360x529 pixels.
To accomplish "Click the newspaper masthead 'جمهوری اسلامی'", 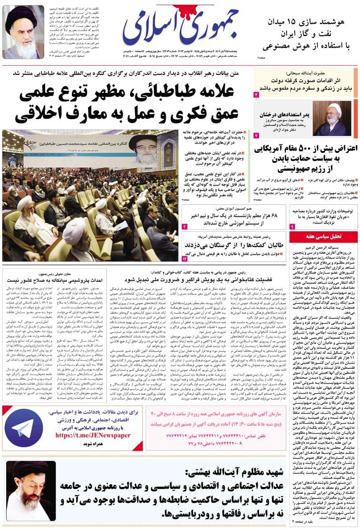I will point(187,29).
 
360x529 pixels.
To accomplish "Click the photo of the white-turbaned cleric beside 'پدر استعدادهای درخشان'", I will point(332,119).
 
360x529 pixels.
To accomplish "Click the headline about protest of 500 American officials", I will point(305,158).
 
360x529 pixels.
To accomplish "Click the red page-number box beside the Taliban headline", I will point(185,258).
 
